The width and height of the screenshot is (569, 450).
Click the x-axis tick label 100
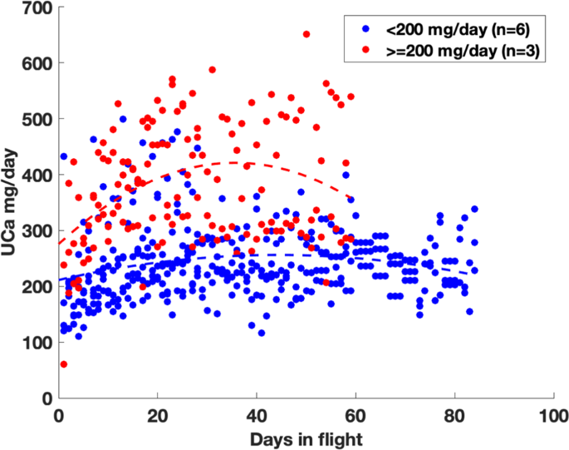[x=552, y=415]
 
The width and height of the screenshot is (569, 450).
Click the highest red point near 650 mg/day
[x=307, y=35]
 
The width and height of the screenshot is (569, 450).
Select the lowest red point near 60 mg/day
[x=64, y=364]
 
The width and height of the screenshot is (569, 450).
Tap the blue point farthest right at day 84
[x=475, y=210]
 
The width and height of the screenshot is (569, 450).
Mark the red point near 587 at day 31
[x=212, y=70]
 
